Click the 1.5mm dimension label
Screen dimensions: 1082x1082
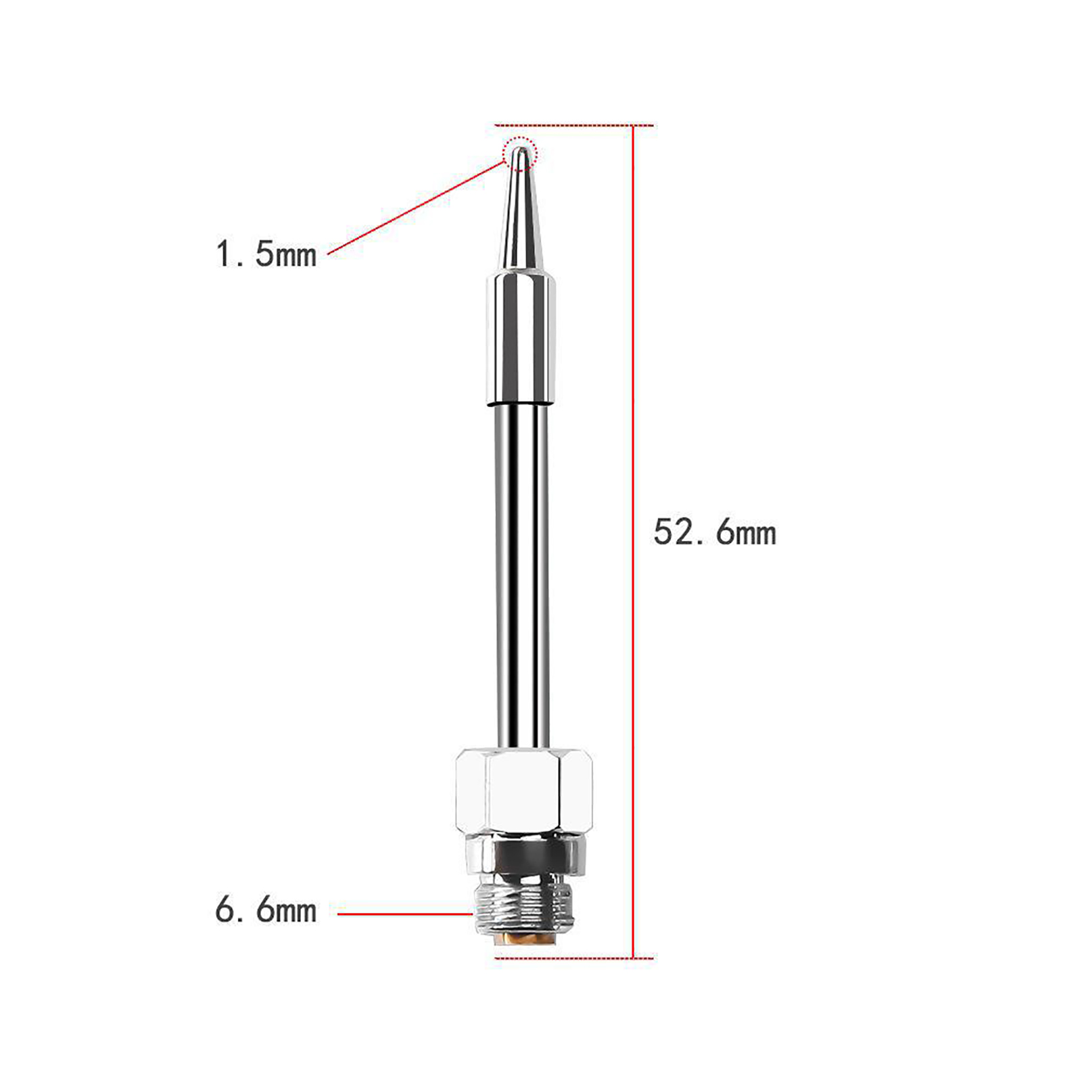[x=266, y=254]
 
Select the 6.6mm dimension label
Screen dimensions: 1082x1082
[x=266, y=910]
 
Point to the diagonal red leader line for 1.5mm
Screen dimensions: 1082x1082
[x=416, y=208]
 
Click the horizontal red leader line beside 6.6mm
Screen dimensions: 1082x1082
[x=405, y=914]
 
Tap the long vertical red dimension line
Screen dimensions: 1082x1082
[x=633, y=542]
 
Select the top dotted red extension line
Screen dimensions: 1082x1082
[x=574, y=125]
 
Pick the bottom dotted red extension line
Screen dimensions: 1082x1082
[x=574, y=958]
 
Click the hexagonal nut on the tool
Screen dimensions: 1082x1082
[x=524, y=791]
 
